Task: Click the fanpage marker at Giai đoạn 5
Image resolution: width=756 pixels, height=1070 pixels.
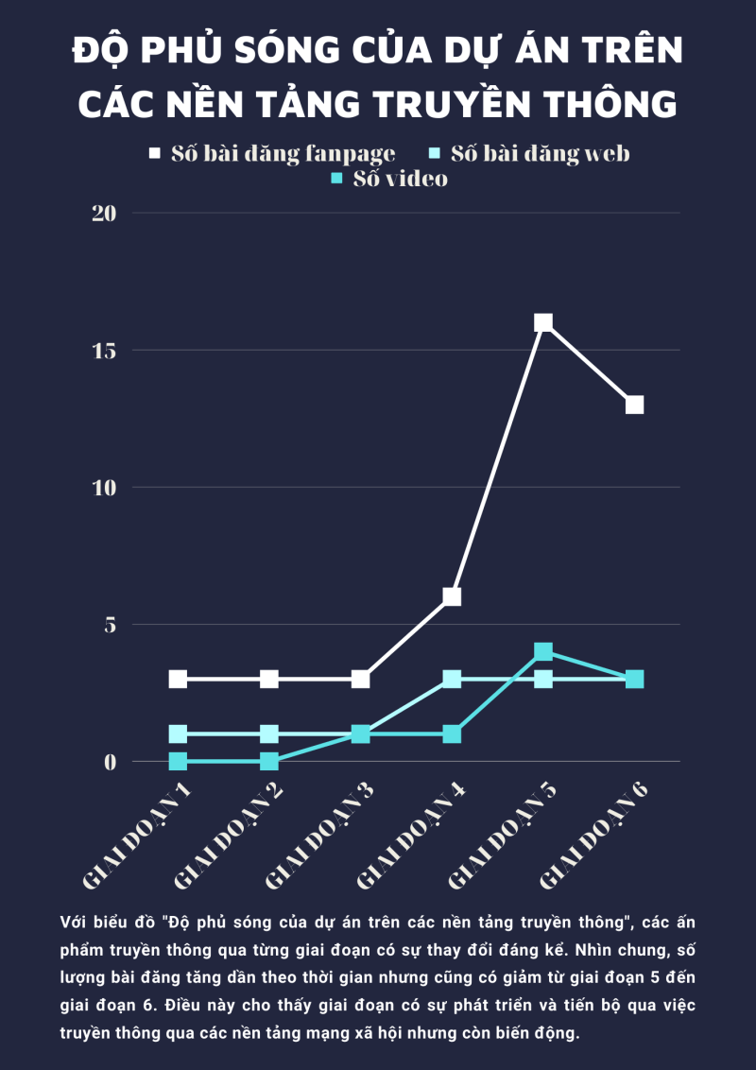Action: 543,322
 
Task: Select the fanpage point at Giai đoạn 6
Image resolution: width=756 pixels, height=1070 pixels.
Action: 634,405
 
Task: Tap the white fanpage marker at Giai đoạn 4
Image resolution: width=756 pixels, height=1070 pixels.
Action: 452,596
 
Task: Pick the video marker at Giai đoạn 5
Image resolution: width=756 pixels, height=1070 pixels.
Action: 543,651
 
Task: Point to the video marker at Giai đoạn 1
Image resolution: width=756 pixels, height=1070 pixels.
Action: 178,761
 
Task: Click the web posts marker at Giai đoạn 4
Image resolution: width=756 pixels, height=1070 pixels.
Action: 452,679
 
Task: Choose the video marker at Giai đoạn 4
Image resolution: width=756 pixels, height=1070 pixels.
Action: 452,733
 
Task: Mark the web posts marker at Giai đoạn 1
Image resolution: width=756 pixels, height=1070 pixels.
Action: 178,733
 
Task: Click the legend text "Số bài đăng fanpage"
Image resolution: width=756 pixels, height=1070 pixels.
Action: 283,153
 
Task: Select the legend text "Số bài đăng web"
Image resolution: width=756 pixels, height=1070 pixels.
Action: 540,153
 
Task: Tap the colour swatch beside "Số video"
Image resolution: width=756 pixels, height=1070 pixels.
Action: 335,178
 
